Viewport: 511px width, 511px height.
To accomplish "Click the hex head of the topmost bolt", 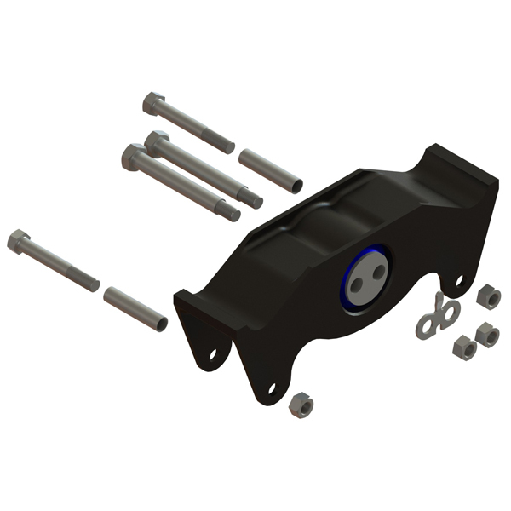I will click(154, 105).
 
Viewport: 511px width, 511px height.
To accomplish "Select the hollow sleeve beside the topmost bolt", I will click(269, 169).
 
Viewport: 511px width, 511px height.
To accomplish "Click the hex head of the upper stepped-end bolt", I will click(156, 141).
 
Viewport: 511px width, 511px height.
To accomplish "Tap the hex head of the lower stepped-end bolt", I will click(135, 157).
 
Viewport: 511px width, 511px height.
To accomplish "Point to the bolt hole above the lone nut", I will click(272, 388).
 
